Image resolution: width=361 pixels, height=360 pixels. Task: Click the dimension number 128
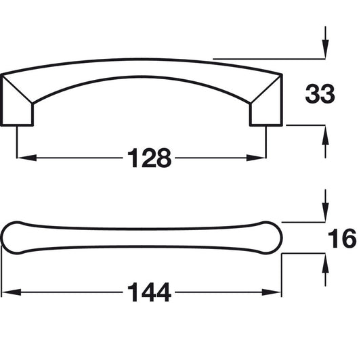pos(148,158)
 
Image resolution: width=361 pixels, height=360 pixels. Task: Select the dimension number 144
pos(148,293)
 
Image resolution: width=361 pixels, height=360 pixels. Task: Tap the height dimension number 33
pos(320,94)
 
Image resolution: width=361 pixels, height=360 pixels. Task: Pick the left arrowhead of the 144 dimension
pos(11,293)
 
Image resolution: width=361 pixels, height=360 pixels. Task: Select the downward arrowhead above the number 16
pos(326,212)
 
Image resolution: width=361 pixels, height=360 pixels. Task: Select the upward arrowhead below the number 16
pos(326,263)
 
